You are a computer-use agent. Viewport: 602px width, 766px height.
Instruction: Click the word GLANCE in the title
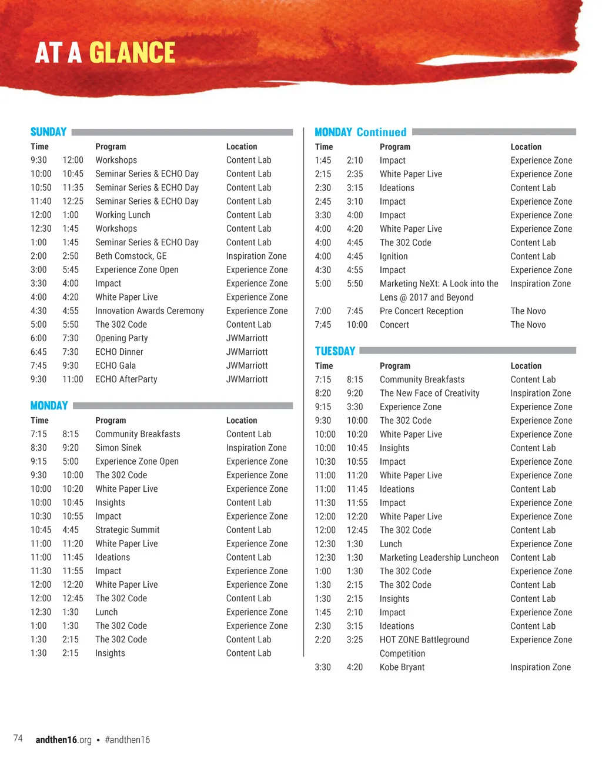(x=132, y=53)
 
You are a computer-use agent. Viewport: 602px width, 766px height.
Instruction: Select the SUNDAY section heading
(x=48, y=132)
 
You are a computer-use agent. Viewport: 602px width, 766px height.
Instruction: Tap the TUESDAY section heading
(x=335, y=351)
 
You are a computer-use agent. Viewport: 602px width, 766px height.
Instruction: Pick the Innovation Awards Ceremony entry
(x=149, y=311)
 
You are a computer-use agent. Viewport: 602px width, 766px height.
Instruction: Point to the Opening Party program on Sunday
(x=121, y=338)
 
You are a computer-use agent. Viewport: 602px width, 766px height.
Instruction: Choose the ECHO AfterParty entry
(x=126, y=379)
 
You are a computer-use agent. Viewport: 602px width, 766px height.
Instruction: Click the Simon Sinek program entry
(x=118, y=448)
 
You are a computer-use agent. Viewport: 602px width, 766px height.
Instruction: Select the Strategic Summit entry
(x=127, y=530)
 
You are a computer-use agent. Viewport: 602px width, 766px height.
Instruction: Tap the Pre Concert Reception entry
(x=421, y=311)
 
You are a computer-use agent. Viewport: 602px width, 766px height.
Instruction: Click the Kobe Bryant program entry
(x=402, y=667)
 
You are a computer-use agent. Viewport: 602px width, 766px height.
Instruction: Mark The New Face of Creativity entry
(x=429, y=394)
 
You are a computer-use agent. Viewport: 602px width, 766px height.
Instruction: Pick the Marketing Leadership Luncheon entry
(x=439, y=558)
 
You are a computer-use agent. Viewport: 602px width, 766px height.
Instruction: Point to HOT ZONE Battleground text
(x=424, y=640)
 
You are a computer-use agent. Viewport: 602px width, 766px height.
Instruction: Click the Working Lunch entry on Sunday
(x=122, y=215)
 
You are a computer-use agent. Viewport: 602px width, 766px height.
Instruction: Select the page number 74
(x=18, y=738)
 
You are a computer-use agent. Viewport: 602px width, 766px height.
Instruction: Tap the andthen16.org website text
(x=63, y=740)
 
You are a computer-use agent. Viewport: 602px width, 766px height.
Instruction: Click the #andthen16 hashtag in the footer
(x=127, y=740)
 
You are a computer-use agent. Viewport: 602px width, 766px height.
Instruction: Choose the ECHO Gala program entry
(x=115, y=366)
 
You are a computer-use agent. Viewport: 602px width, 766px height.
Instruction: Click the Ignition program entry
(x=393, y=257)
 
